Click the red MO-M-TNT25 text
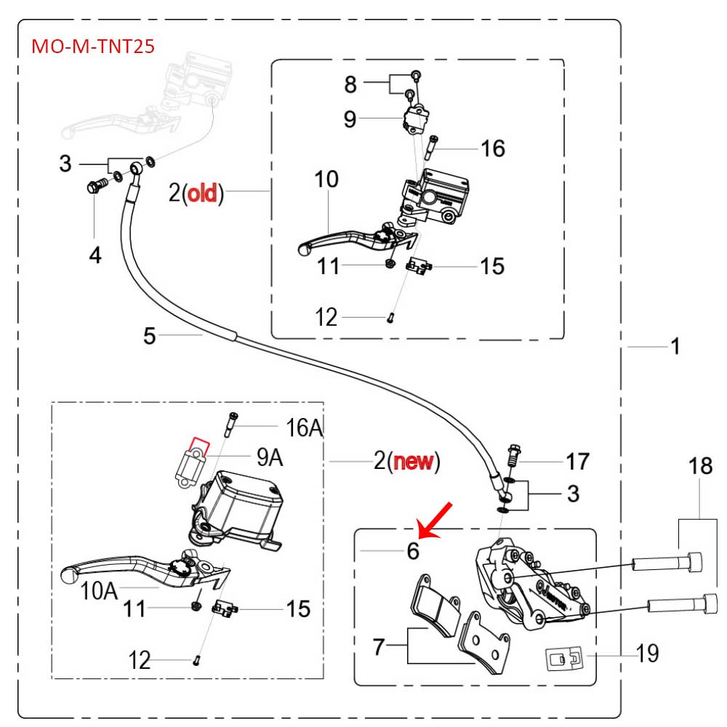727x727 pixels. [x=92, y=47]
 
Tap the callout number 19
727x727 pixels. [x=647, y=654]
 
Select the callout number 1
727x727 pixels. [x=675, y=347]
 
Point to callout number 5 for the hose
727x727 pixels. [x=149, y=335]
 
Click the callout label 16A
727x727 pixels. [x=305, y=428]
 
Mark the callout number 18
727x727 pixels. [x=701, y=466]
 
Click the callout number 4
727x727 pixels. [x=95, y=254]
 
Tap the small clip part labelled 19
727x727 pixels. [x=563, y=659]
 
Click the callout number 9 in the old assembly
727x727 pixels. [x=350, y=119]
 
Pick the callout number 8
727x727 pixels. [x=350, y=84]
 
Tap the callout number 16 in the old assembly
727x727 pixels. [x=492, y=149]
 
